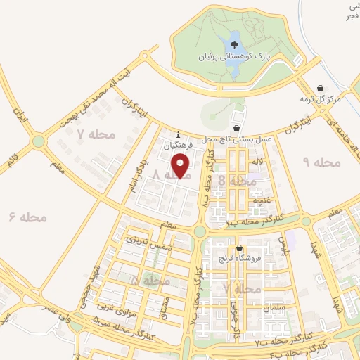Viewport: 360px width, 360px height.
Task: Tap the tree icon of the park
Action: pyautogui.click(x=233, y=45)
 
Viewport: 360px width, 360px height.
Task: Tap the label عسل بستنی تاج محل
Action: pyautogui.click(x=226, y=140)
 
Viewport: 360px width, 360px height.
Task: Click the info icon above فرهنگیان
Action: pyautogui.click(x=179, y=135)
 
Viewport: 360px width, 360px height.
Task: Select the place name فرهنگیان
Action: pyautogui.click(x=178, y=145)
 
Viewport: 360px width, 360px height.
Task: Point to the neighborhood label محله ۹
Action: pyautogui.click(x=321, y=162)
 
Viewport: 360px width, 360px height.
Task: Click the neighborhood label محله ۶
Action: pyautogui.click(x=28, y=217)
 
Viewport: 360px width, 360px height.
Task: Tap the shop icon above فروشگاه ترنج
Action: pyautogui.click(x=240, y=248)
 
